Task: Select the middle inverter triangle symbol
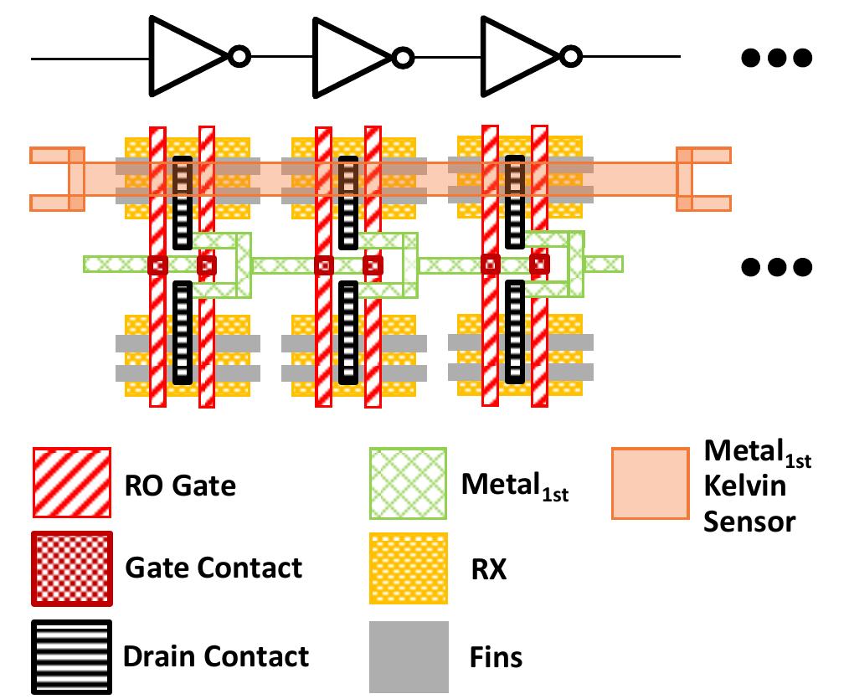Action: [347, 57]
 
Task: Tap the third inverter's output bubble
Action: [571, 58]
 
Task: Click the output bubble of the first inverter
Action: [239, 58]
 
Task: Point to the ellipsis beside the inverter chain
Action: [776, 58]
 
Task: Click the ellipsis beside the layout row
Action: [776, 267]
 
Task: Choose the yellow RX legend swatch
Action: [409, 568]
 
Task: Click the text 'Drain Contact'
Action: [216, 656]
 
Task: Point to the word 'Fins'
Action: [496, 657]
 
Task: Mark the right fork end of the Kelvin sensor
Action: [703, 179]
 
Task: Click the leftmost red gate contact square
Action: [157, 265]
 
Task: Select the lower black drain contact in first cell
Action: [182, 333]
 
